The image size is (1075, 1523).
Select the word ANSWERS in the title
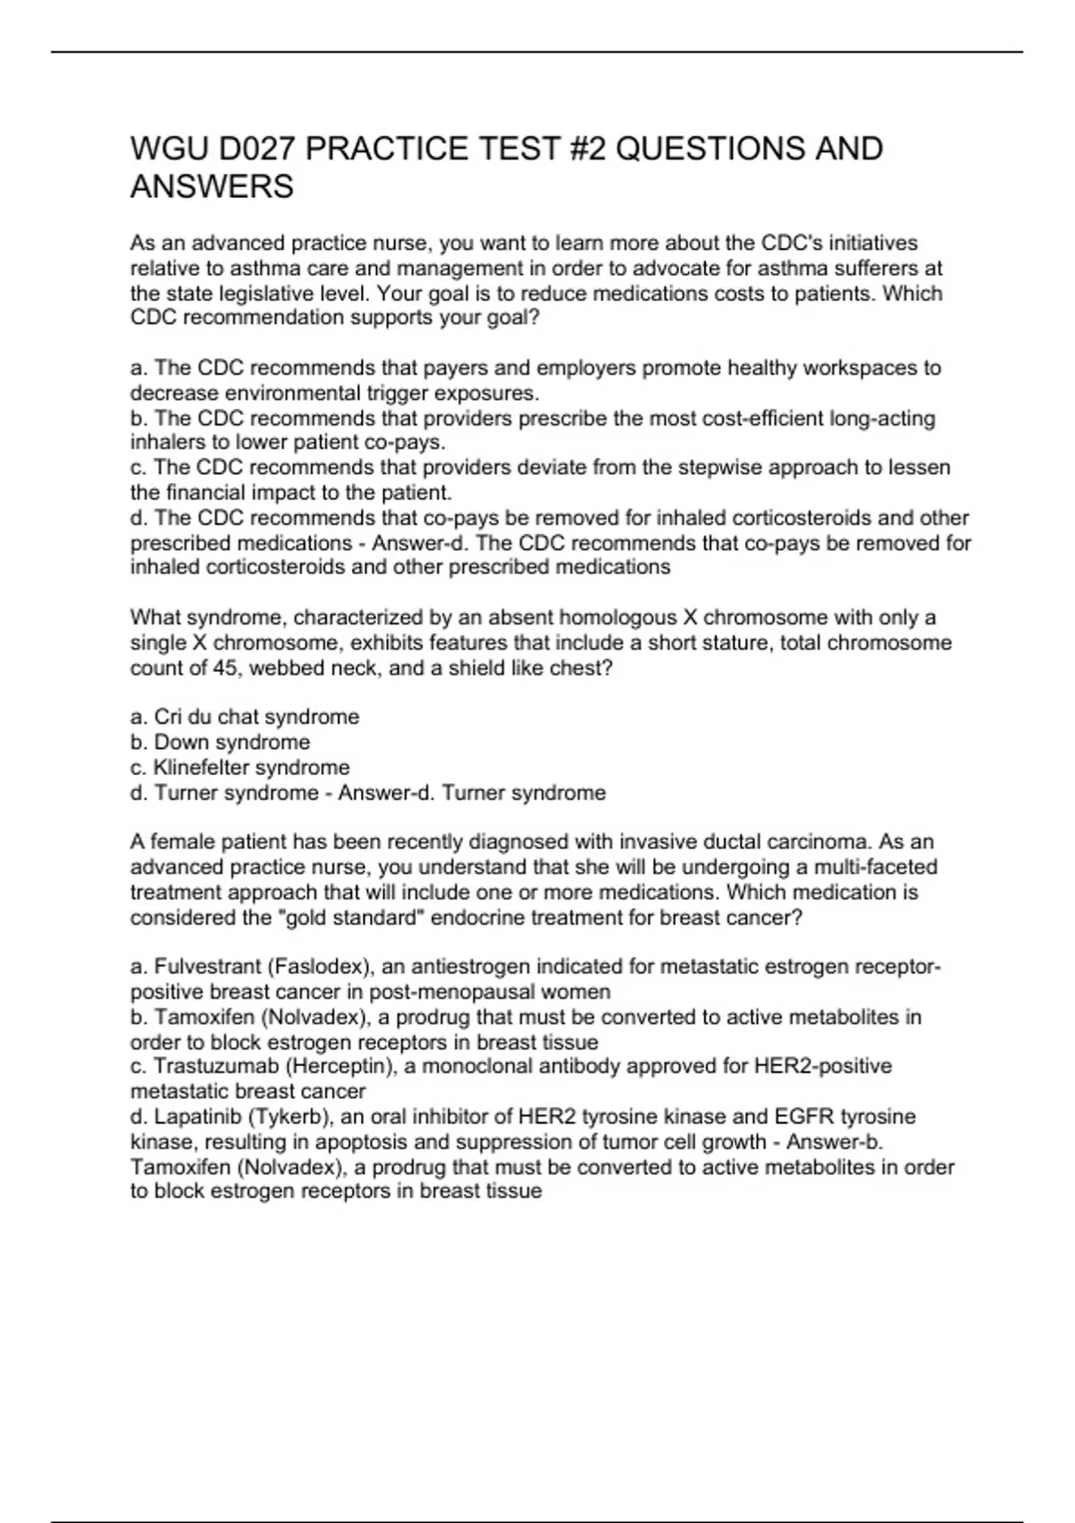pos(212,187)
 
